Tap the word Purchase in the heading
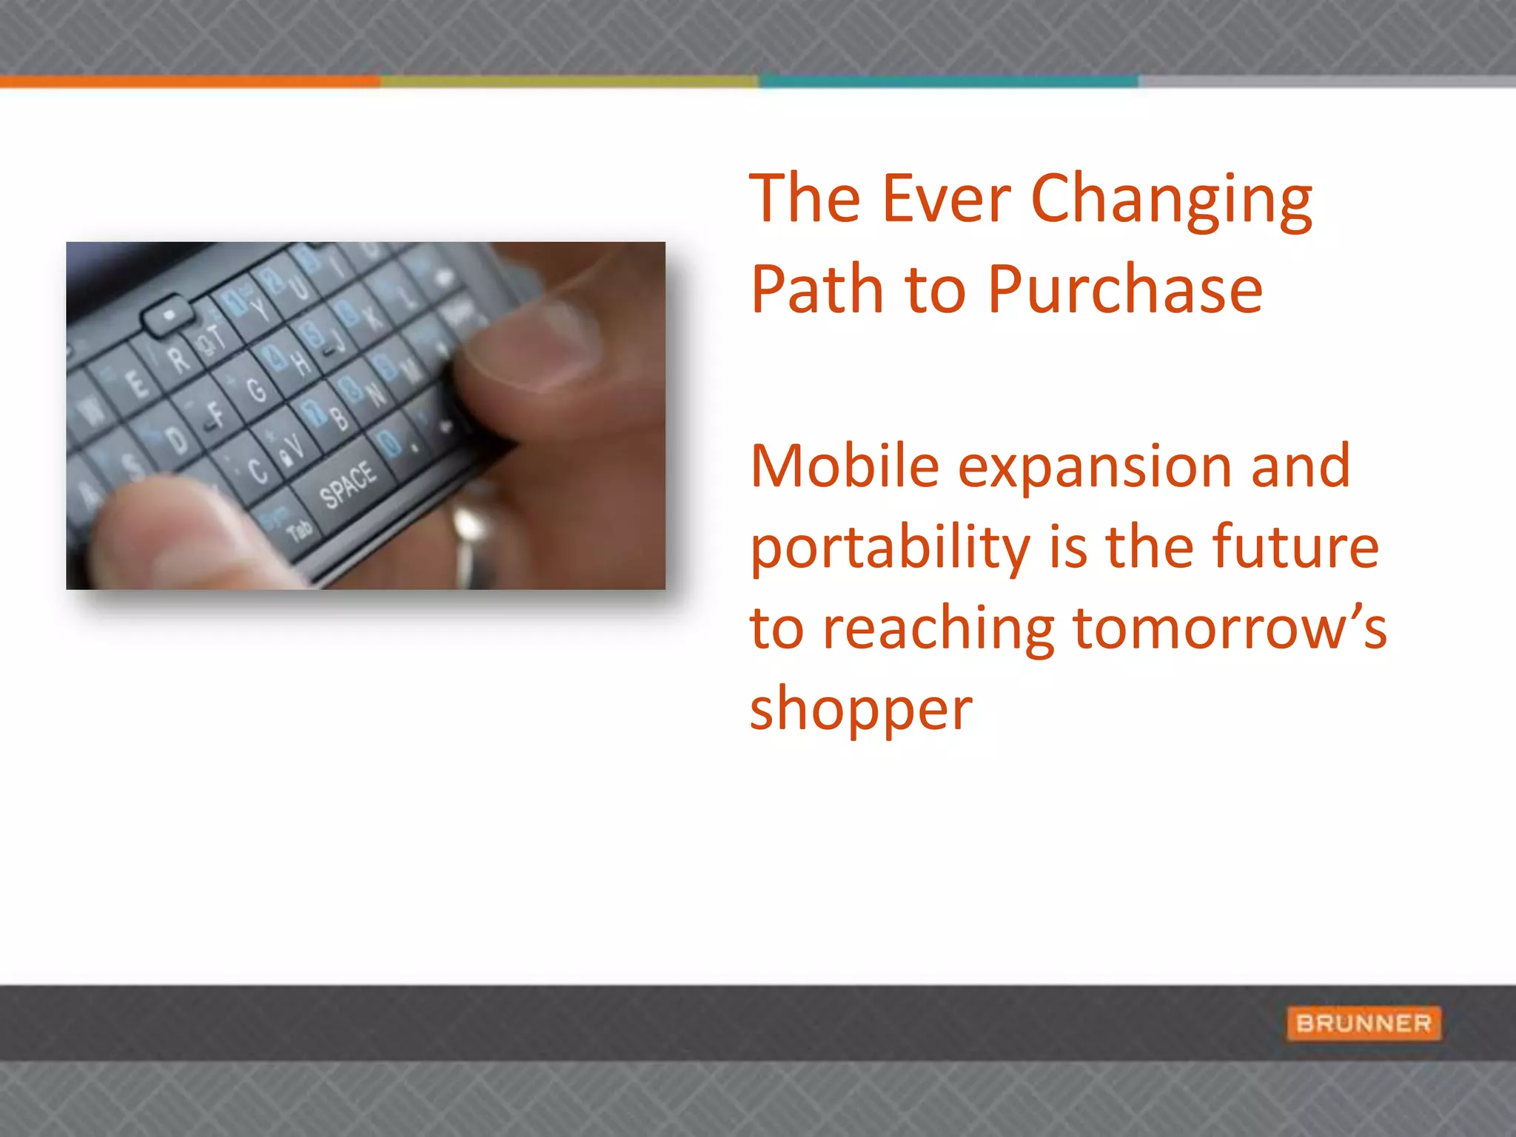(x=1124, y=290)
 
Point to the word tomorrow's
(x=1229, y=628)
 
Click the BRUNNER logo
(x=1364, y=1023)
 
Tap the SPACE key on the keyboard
(x=348, y=485)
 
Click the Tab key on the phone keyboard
(x=298, y=529)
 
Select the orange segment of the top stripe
(x=189, y=81)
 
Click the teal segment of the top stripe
(x=947, y=81)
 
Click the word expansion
(x=1094, y=468)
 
